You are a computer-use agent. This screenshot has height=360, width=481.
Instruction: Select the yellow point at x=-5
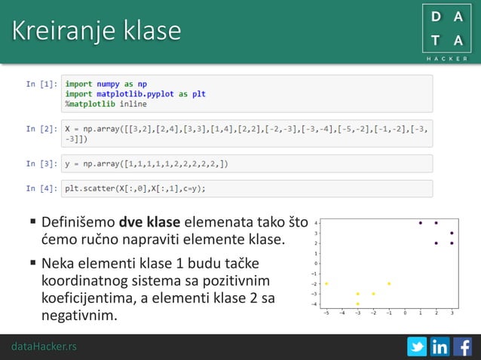[x=326, y=284]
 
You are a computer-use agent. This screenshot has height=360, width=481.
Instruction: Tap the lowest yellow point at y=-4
[x=357, y=304]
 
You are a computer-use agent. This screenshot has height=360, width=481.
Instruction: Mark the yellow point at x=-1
[x=389, y=284]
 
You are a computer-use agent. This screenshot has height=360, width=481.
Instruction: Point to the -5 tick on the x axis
[x=326, y=312]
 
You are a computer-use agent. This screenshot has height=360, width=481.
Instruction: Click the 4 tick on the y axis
[x=317, y=223]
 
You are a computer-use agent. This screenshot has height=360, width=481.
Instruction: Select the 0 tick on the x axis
[x=405, y=312]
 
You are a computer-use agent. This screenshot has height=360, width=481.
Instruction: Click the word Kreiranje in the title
[x=59, y=31]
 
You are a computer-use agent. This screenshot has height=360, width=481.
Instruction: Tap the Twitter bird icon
[x=416, y=347]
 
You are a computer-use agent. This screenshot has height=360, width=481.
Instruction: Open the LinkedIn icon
[x=440, y=347]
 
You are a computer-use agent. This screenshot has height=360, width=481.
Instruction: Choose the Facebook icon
[x=462, y=347]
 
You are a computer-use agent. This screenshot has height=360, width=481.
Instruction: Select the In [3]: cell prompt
[x=41, y=163]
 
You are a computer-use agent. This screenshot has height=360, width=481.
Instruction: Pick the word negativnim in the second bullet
[x=79, y=315]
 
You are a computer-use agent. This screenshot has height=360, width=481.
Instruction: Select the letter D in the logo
[x=436, y=15]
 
